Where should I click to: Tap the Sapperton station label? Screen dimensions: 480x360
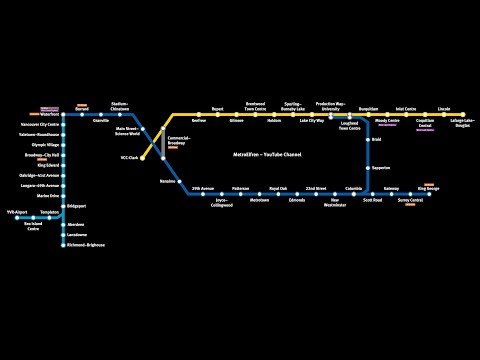[x=381, y=168]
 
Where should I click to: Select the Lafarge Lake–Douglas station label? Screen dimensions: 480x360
[x=463, y=122]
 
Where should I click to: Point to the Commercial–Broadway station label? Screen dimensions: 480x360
[x=179, y=140]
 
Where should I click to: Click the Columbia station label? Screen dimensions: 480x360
[x=354, y=187]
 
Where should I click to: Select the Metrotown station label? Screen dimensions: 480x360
[x=259, y=201]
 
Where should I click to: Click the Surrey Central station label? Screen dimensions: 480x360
[x=410, y=201]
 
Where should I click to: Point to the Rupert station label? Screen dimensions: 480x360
[x=216, y=107]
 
